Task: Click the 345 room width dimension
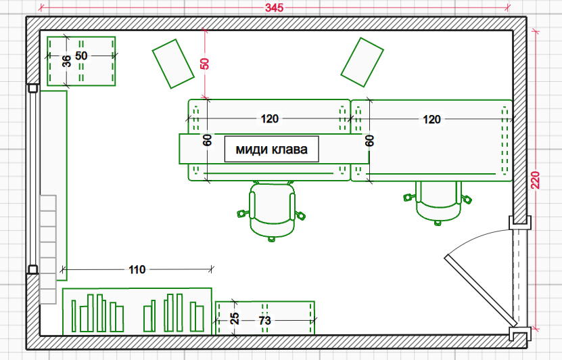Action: coord(274,8)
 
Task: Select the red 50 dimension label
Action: coord(204,64)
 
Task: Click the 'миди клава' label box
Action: coord(271,149)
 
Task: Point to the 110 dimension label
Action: coord(137,269)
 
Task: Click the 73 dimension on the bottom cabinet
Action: coord(265,319)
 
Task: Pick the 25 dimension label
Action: coord(235,318)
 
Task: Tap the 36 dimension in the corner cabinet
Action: coord(66,61)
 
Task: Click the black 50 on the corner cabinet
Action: coord(81,55)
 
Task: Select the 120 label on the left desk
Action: coord(269,119)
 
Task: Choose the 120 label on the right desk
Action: coord(431,119)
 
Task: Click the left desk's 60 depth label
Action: coord(207,141)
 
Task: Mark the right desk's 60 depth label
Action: coord(369,141)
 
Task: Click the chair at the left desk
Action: coord(272,211)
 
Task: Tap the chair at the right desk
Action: coord(438,201)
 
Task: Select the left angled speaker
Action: coord(173,63)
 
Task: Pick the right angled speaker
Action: coord(362,62)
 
